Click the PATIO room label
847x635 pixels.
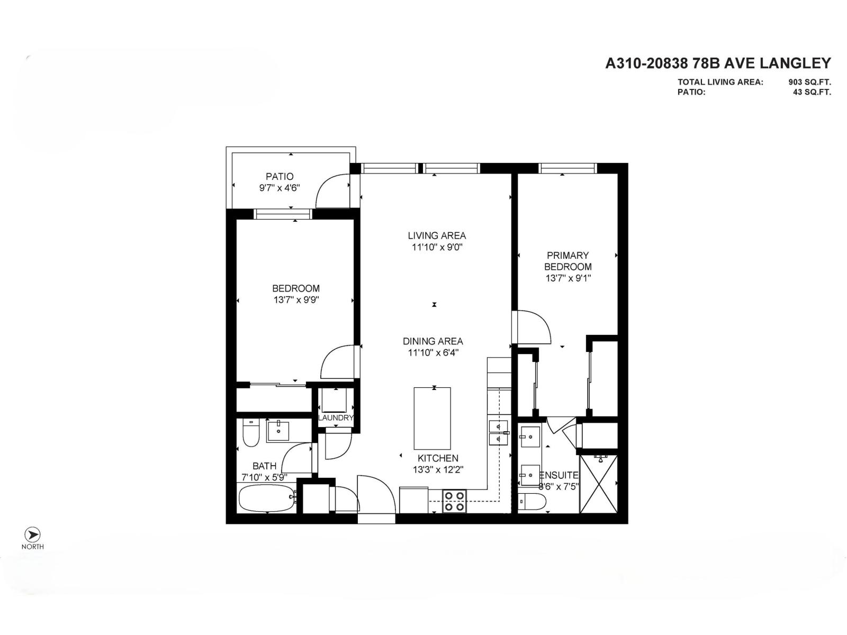point(280,176)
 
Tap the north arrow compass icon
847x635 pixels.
point(32,534)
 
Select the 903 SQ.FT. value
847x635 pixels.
point(809,82)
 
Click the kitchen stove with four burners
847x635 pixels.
point(454,501)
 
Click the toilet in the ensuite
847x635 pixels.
point(532,502)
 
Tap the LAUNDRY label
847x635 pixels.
point(336,418)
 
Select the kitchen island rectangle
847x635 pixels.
point(432,418)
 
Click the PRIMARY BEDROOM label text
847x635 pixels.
point(567,261)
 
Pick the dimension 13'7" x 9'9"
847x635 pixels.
point(296,300)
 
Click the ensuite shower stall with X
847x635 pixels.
point(599,484)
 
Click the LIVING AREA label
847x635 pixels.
point(437,235)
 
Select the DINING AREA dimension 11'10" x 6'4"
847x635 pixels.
point(432,353)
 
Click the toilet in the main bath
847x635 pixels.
point(250,434)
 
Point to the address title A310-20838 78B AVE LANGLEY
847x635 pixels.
point(718,63)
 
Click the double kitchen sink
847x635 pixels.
point(498,432)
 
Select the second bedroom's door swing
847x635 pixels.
point(338,362)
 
